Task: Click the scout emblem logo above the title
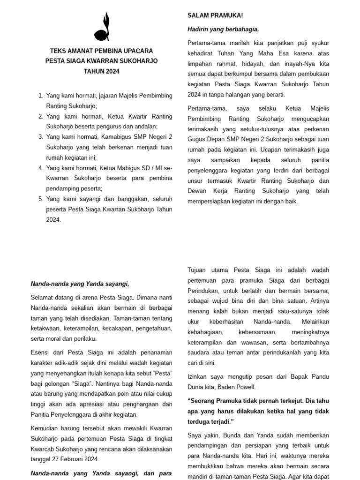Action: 102,28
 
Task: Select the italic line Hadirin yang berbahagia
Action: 223,30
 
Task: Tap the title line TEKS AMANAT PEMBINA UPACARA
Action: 102,51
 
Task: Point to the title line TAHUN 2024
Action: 102,71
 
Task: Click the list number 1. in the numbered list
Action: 40,96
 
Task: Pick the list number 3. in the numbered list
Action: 40,137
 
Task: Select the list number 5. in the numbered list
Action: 40,199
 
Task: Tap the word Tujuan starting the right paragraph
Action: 199,270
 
